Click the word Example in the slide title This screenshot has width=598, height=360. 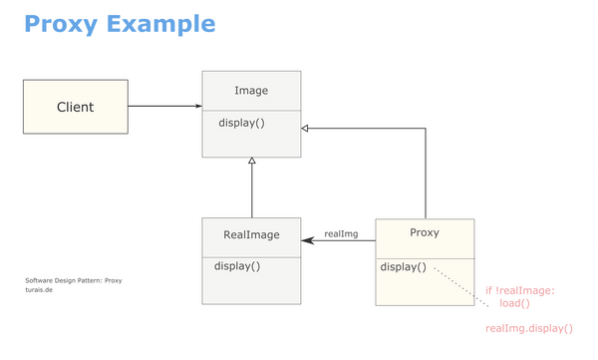coord(161,23)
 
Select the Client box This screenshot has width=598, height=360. coord(76,107)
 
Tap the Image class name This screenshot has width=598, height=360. coord(251,91)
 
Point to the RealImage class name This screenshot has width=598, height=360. coord(251,236)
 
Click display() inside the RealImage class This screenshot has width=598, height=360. coord(237,266)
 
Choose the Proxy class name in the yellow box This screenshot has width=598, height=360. coord(425,233)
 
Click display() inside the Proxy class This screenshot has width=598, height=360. coord(404,267)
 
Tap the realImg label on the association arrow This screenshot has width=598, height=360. coord(341,234)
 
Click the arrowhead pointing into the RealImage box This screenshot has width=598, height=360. coord(307,242)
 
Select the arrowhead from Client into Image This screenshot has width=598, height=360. coord(197,106)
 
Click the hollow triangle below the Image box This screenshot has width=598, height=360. coord(252,163)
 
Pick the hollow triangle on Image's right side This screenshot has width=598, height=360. coord(306,129)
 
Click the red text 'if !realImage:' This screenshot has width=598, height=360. coord(519,291)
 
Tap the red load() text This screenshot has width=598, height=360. coord(514,304)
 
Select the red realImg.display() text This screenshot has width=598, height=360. coord(529,328)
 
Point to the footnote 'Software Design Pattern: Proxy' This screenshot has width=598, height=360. coord(73,281)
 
